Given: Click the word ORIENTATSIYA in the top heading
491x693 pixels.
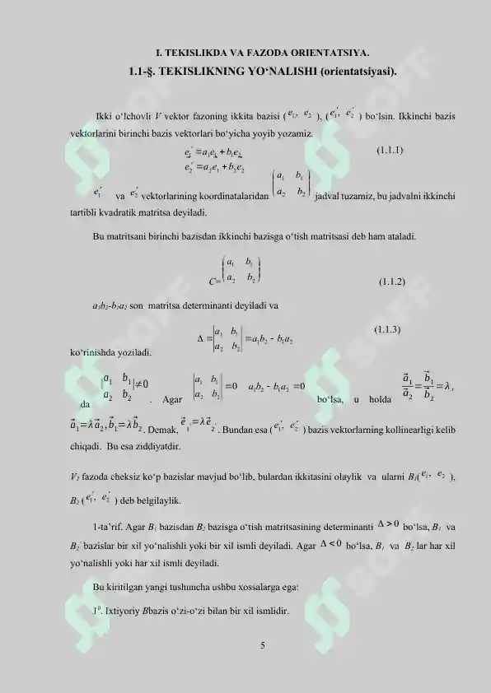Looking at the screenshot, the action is point(316,50).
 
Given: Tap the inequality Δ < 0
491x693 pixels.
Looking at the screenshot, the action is point(332,545).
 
